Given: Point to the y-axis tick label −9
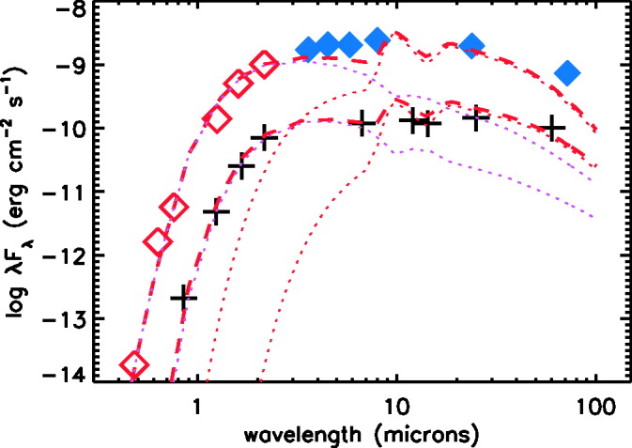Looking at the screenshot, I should click(71, 66).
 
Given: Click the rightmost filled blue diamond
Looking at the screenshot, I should click(567, 72).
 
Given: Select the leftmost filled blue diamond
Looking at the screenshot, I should click(306, 48).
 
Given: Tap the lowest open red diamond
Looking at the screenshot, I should click(135, 364).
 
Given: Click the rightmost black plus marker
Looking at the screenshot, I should click(555, 128).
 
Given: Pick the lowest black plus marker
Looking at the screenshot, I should click(184, 298).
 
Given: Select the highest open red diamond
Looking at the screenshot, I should click(265, 65).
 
